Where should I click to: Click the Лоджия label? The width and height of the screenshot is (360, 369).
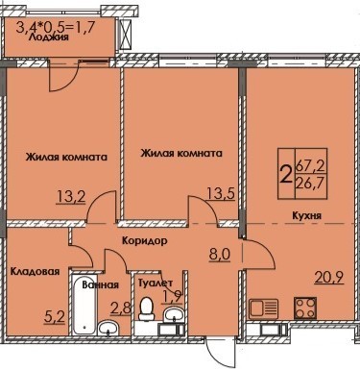[x=49, y=37]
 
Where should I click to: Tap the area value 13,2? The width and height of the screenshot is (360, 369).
[x=71, y=197]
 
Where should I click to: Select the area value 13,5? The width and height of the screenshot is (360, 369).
[x=221, y=193]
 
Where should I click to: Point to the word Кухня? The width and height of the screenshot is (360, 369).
[x=306, y=215]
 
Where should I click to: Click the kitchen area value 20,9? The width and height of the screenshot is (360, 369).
[x=329, y=278]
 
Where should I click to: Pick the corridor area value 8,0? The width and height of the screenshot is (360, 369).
[x=220, y=256]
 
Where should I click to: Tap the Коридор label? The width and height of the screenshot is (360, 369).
[x=145, y=240]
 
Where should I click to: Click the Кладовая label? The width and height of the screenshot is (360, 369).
[x=35, y=272]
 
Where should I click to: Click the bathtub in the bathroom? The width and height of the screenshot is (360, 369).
[x=84, y=304]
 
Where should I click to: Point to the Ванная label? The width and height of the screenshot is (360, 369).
[x=101, y=284]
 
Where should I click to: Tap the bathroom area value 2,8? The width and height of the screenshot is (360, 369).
[x=121, y=308]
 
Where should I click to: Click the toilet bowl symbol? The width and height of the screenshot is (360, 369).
[x=146, y=308]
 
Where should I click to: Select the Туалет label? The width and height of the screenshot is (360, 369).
[x=156, y=283]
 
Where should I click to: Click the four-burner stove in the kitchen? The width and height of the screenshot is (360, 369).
[x=305, y=307]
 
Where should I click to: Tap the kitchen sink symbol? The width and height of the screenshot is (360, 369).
[x=263, y=308]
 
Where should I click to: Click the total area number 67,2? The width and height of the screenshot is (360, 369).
[x=310, y=166]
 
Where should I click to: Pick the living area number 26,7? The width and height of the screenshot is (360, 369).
[x=310, y=184]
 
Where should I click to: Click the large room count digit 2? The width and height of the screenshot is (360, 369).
[x=286, y=175]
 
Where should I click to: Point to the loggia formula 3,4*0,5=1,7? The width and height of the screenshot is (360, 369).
[x=56, y=28]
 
